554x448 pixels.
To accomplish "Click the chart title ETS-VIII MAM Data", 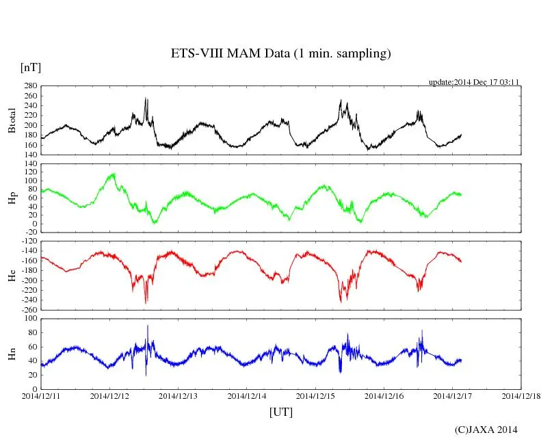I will point(280,54).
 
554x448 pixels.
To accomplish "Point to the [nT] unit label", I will point(31,67).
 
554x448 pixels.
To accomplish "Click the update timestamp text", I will point(474,81).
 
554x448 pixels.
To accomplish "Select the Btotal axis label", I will point(12,120).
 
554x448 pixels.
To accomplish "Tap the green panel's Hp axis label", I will point(12,198).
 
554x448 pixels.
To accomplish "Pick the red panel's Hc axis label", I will point(12,276).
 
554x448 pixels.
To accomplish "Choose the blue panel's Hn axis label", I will point(12,353).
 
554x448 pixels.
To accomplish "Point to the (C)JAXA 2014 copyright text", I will point(486,430).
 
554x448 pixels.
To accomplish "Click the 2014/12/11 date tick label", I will point(42,396).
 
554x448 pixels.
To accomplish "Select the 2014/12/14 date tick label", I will point(248,396).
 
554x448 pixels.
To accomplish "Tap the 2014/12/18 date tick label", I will point(521,396).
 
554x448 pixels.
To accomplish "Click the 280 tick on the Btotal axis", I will point(29,86).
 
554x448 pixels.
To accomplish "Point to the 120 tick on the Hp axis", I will point(29,164).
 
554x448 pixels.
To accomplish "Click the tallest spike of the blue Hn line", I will point(147,326).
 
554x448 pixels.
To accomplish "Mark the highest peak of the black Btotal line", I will point(145,98).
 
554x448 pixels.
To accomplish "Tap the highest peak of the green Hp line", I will point(114,174).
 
